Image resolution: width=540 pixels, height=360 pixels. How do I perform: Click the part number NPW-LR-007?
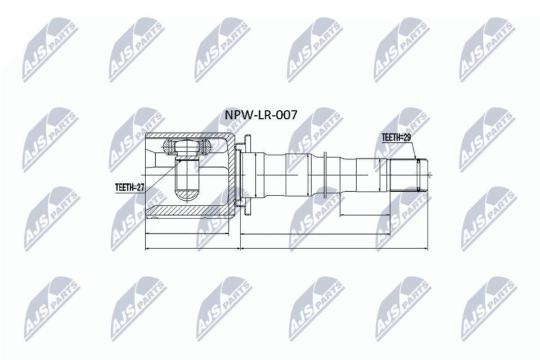point(260,115)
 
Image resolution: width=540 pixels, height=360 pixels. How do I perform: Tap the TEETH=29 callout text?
point(397,137)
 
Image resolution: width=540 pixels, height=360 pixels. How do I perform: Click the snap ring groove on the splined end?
point(418,175)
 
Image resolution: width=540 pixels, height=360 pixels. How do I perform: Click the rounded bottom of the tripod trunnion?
point(188,195)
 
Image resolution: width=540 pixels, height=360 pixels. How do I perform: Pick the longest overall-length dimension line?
point(287,247)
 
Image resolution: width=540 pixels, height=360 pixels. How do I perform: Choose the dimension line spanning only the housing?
point(187,233)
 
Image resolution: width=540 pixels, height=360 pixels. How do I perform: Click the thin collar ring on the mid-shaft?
point(326,175)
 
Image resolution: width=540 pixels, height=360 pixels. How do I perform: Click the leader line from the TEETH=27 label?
point(160,175)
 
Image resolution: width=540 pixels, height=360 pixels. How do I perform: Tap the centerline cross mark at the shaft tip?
point(429,175)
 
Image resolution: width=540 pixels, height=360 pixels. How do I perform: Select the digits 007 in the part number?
point(285,115)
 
